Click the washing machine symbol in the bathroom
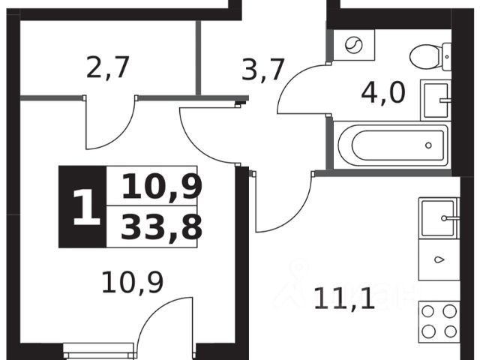(351, 46)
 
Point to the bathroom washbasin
(436, 100)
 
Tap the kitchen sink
(439, 217)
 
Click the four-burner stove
(439, 321)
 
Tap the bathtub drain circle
(428, 145)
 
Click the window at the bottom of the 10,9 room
(97, 349)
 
